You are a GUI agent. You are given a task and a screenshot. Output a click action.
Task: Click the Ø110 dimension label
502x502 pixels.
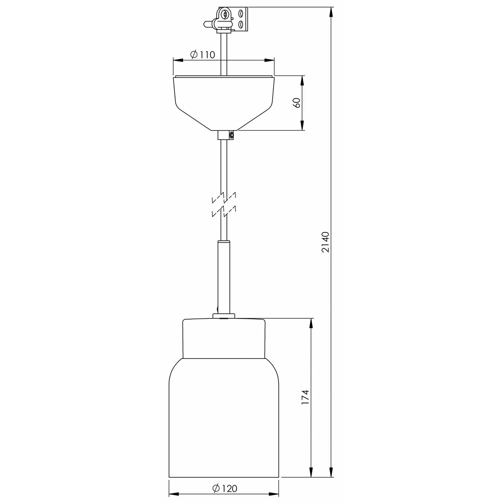pos(202,54)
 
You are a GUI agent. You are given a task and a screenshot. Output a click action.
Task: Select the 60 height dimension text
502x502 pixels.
pos(297,103)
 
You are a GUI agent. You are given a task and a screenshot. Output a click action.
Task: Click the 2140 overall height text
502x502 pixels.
pos(325,242)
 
